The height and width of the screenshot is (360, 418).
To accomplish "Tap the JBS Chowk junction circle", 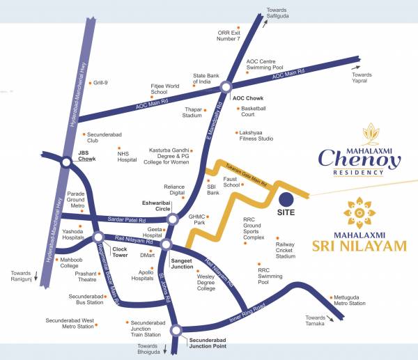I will (x=65, y=163).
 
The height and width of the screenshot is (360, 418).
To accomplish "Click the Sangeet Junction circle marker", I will (x=166, y=244).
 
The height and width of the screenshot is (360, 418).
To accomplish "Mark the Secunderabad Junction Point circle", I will (x=176, y=330).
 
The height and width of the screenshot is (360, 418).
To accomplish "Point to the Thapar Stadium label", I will (x=192, y=112).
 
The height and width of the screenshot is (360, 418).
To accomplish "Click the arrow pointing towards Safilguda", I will (x=265, y=23).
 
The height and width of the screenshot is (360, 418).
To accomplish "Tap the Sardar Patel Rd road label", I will (x=121, y=219).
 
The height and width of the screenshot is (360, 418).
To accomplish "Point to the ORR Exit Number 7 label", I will (x=229, y=36).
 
